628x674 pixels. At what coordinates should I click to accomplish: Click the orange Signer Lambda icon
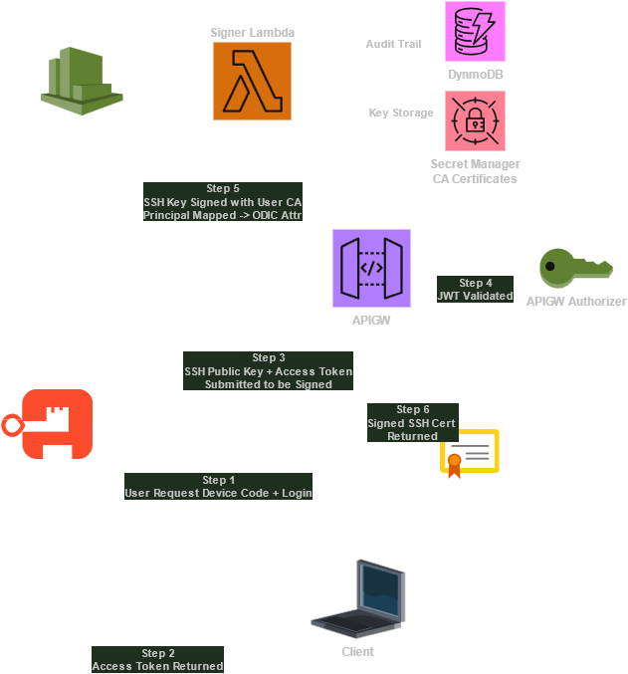click(x=252, y=81)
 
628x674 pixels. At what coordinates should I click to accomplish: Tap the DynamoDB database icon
click(x=475, y=31)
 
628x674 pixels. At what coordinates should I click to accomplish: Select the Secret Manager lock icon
click(x=475, y=120)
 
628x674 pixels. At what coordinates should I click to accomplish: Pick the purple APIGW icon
click(x=371, y=268)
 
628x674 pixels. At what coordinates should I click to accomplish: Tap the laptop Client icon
click(x=358, y=599)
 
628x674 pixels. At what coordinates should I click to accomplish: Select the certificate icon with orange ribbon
click(x=469, y=454)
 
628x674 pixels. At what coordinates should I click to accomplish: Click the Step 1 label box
click(x=218, y=487)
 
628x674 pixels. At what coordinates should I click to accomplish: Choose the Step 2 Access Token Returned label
click(x=157, y=660)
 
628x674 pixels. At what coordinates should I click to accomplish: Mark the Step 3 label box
click(x=268, y=370)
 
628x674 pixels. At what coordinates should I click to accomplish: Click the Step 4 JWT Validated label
click(x=475, y=290)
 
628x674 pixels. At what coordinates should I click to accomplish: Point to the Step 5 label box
click(x=222, y=201)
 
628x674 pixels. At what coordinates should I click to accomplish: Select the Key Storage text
click(x=401, y=113)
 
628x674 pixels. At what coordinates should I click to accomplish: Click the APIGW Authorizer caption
click(x=576, y=302)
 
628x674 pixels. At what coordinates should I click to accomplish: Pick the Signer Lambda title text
click(x=252, y=32)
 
